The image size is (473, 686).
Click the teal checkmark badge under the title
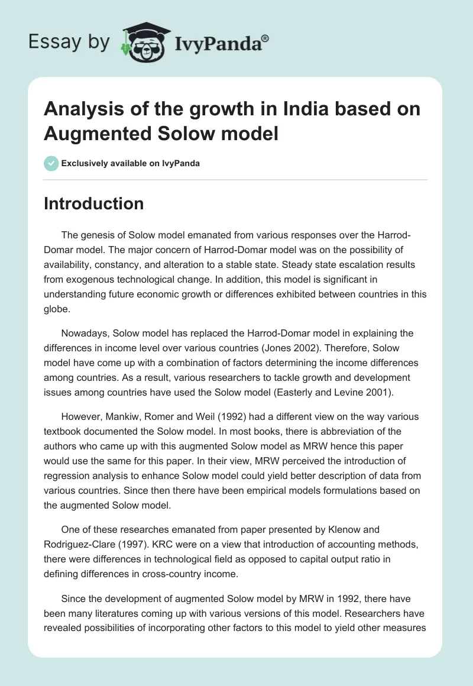pos(51,163)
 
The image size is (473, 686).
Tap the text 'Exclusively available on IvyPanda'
pos(130,163)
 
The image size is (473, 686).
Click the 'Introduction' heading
pos(93,203)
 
